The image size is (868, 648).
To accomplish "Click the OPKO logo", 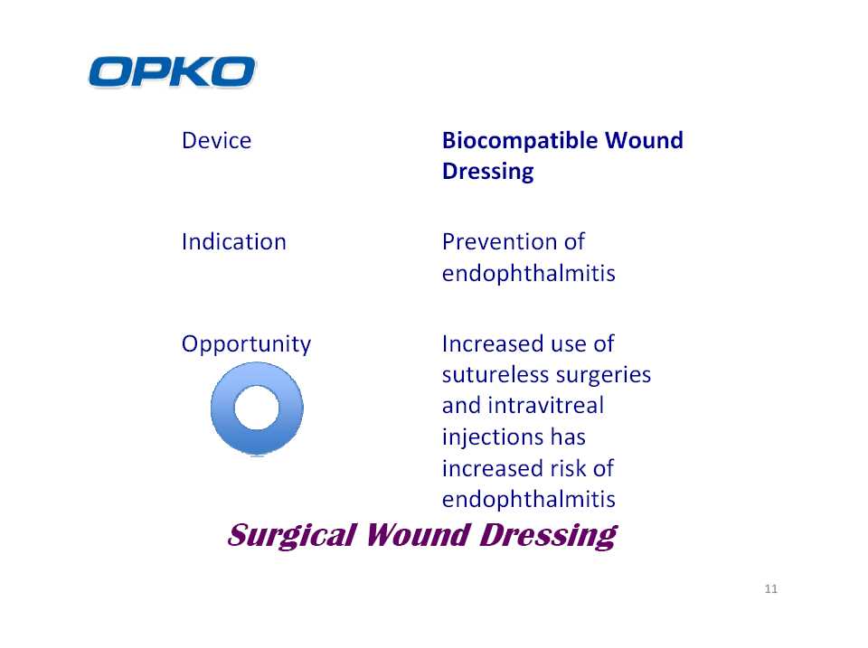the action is tap(172, 72).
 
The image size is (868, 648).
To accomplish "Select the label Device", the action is tap(216, 141).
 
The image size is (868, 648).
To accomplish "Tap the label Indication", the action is tap(233, 242).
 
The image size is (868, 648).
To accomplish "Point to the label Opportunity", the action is tap(246, 344).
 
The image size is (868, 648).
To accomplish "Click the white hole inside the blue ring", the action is tap(257, 408).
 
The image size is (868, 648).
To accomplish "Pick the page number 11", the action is tap(771, 588).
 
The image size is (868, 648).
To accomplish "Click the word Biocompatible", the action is tap(519, 141).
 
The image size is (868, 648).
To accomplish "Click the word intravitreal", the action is tap(546, 406).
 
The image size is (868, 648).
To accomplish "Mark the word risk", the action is tap(571, 468).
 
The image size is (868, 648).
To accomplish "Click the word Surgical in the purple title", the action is tap(292, 536).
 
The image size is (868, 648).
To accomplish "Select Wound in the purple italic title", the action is tap(418, 535).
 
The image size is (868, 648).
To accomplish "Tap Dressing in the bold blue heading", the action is tap(487, 172).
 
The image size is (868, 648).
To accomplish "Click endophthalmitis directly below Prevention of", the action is tap(529, 273).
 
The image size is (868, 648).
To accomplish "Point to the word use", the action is tap(567, 344).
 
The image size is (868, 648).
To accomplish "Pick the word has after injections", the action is tap(568, 437).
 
